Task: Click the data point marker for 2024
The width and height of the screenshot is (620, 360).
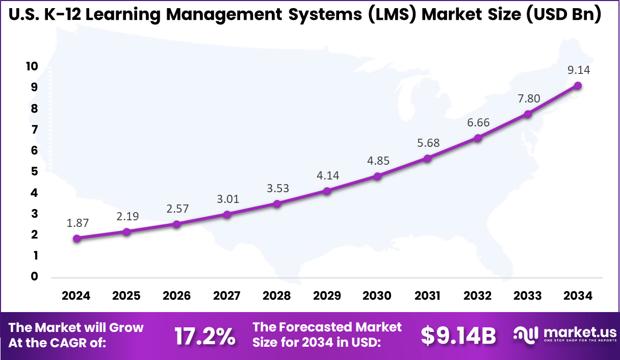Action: (x=76, y=238)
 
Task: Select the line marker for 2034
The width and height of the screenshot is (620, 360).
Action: (x=578, y=86)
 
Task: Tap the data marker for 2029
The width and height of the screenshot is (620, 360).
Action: (x=327, y=191)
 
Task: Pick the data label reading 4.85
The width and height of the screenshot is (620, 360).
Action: (x=377, y=161)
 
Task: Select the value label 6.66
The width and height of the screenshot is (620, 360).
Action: (x=478, y=122)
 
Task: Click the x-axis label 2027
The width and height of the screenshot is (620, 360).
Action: (x=227, y=296)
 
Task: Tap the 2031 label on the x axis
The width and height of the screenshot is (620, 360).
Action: (x=427, y=296)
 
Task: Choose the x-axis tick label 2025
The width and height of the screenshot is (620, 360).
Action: (x=126, y=296)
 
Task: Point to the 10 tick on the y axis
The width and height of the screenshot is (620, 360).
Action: (x=32, y=66)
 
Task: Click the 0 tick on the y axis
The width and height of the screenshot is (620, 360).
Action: (x=34, y=276)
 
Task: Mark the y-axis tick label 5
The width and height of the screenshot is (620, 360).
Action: (x=34, y=171)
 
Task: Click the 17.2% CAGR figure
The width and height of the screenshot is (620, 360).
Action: (x=205, y=336)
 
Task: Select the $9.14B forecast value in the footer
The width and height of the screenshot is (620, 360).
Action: (x=458, y=336)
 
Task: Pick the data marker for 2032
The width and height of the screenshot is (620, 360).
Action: (x=478, y=138)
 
